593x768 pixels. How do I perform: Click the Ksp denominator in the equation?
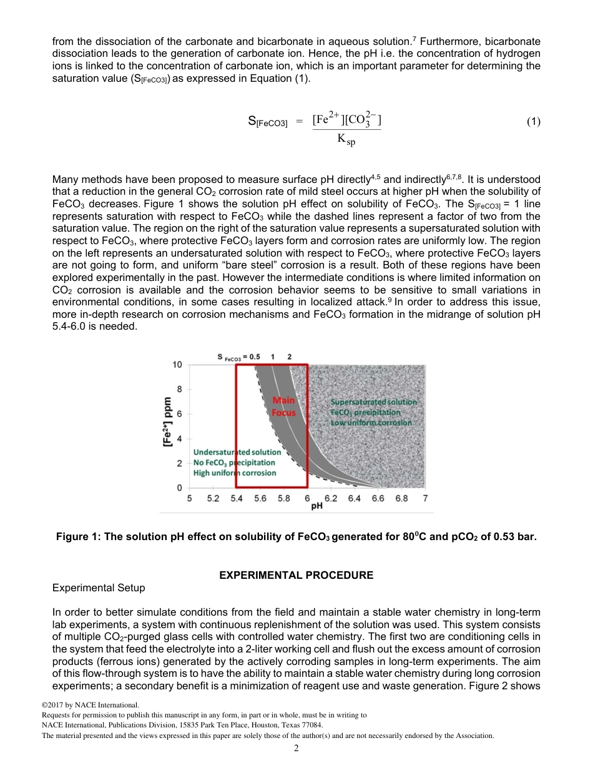[346, 140]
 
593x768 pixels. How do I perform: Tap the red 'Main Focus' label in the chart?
[283, 406]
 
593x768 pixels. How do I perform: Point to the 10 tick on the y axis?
[177, 364]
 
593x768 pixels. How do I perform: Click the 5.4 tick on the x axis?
[237, 499]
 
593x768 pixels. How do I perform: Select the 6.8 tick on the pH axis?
[401, 499]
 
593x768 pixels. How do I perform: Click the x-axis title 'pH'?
[316, 506]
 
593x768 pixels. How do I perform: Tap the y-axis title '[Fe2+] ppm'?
[167, 421]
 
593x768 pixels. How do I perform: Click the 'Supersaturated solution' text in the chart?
[373, 402]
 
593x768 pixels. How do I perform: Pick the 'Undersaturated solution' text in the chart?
[237, 451]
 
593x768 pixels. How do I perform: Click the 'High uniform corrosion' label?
[235, 473]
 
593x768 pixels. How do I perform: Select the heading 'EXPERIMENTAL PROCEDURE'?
[296, 575]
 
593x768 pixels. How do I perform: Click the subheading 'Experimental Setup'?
[99, 588]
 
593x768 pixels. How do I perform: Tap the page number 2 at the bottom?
[296, 748]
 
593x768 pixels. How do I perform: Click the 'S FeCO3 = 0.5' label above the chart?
[238, 356]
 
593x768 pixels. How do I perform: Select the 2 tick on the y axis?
[179, 463]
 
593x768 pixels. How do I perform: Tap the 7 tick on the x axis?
[425, 499]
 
